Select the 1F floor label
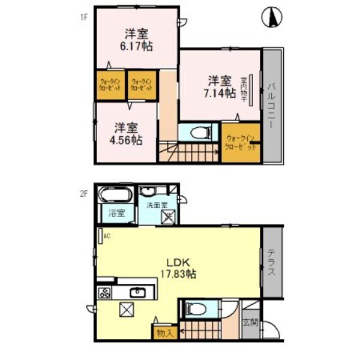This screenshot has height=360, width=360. [x=85, y=17]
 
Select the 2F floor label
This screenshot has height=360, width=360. [x=85, y=193]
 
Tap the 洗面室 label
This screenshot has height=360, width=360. [x=157, y=206]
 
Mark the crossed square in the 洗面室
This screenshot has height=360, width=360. [x=168, y=220]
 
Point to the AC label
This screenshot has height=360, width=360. [x=107, y=236]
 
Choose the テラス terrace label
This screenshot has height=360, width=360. [x=271, y=262]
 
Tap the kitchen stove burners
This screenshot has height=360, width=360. [x=104, y=293]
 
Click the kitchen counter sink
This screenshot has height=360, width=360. [x=137, y=293]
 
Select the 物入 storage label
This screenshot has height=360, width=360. [x=164, y=332]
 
